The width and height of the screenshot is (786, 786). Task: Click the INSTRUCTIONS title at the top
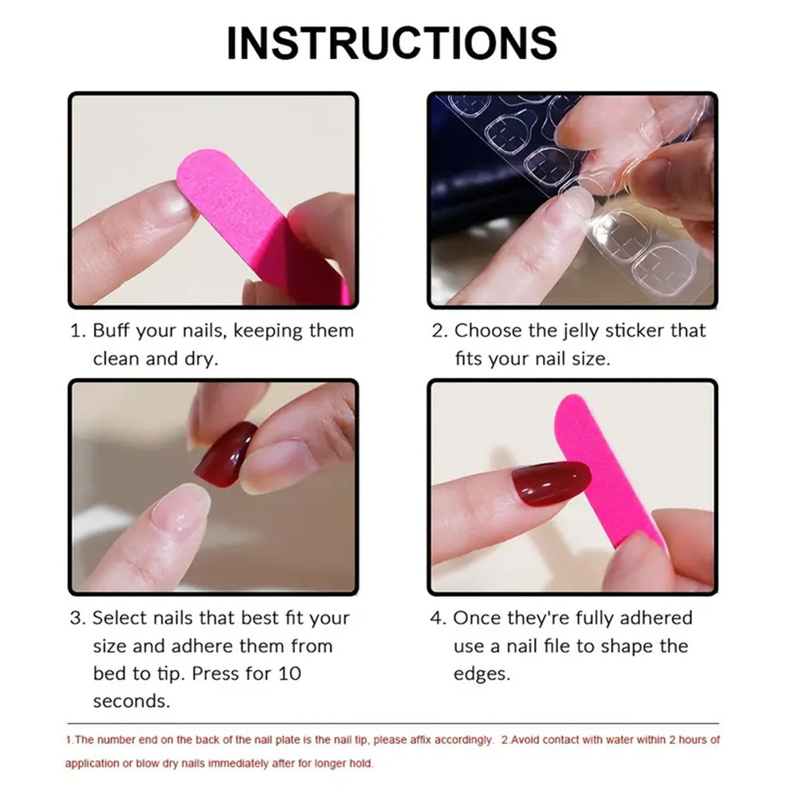[x=392, y=43]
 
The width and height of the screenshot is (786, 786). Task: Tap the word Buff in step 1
[x=111, y=330]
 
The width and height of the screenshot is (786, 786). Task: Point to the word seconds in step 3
[x=131, y=702]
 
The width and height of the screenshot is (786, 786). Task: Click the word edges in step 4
[x=481, y=673]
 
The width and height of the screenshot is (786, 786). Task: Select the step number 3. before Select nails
[x=77, y=618]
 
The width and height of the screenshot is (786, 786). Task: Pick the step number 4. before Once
[x=438, y=618]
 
